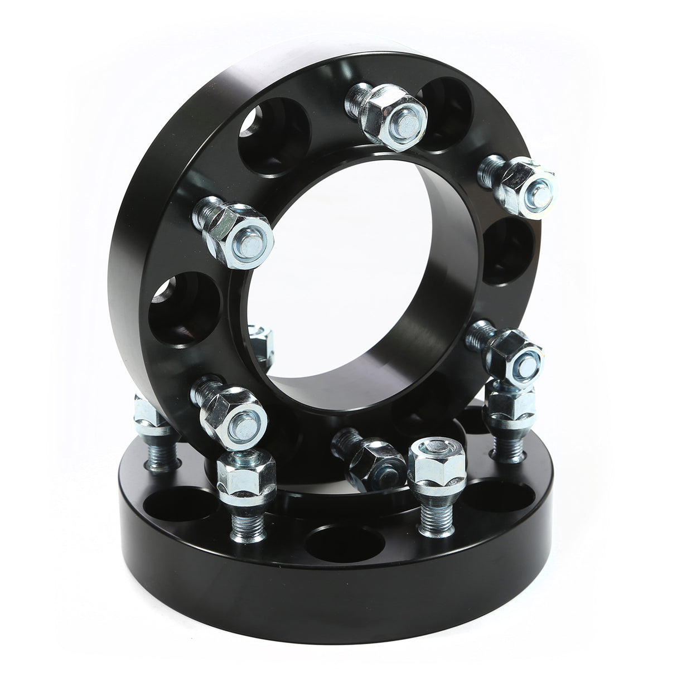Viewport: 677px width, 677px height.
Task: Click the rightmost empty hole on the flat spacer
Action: click(x=496, y=502)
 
